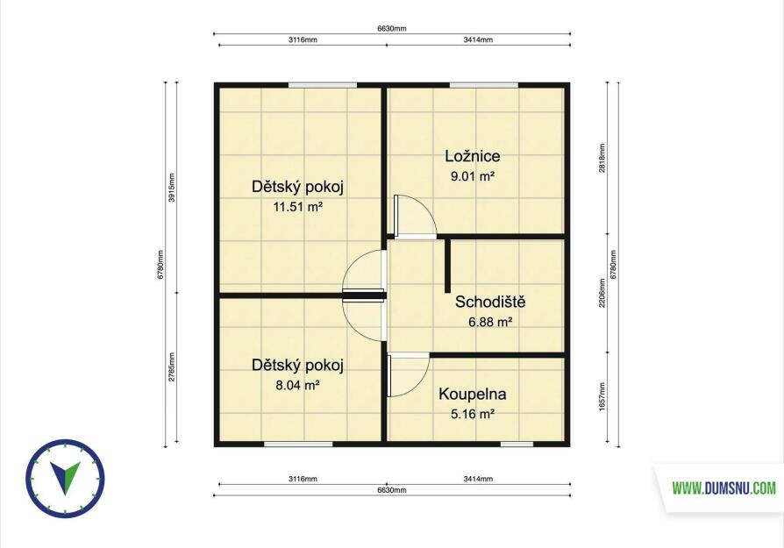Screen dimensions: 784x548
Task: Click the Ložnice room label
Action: [473, 156]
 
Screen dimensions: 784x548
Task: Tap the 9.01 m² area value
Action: [473, 176]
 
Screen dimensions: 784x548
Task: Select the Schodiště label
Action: [490, 302]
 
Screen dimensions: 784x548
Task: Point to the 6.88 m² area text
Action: [490, 322]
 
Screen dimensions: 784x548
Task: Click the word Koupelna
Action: [473, 394]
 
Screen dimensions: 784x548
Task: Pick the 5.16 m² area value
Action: [473, 414]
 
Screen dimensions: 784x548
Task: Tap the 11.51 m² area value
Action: [297, 207]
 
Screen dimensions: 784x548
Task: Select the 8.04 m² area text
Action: [297, 385]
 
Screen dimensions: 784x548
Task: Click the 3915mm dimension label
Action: [172, 188]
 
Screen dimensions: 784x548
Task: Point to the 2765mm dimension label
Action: [172, 367]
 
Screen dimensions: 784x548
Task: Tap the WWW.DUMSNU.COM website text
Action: [723, 488]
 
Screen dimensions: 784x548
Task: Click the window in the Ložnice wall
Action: [484, 85]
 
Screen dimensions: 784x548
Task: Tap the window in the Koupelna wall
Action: [517, 444]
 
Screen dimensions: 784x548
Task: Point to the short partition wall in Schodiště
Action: [448, 266]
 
